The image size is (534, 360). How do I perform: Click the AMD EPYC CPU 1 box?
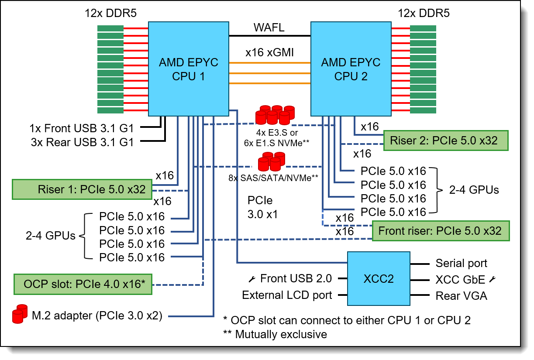click(189, 69)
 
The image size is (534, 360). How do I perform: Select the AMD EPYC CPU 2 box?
click(351, 69)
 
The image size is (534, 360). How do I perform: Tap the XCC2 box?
click(379, 278)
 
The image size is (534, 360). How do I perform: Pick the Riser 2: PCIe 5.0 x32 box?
click(446, 141)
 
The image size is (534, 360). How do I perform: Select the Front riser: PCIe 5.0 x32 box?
click(441, 230)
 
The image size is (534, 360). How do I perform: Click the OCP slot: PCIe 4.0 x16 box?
click(83, 285)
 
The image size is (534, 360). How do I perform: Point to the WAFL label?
click(269, 28)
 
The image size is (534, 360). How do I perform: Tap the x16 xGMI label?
click(269, 53)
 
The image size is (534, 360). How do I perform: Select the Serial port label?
click(462, 264)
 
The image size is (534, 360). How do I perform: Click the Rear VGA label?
click(461, 296)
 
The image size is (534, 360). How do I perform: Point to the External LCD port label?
click(287, 295)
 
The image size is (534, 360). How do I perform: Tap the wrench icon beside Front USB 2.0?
click(252, 278)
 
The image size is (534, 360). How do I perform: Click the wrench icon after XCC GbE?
click(493, 279)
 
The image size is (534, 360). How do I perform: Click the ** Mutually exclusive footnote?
click(275, 334)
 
